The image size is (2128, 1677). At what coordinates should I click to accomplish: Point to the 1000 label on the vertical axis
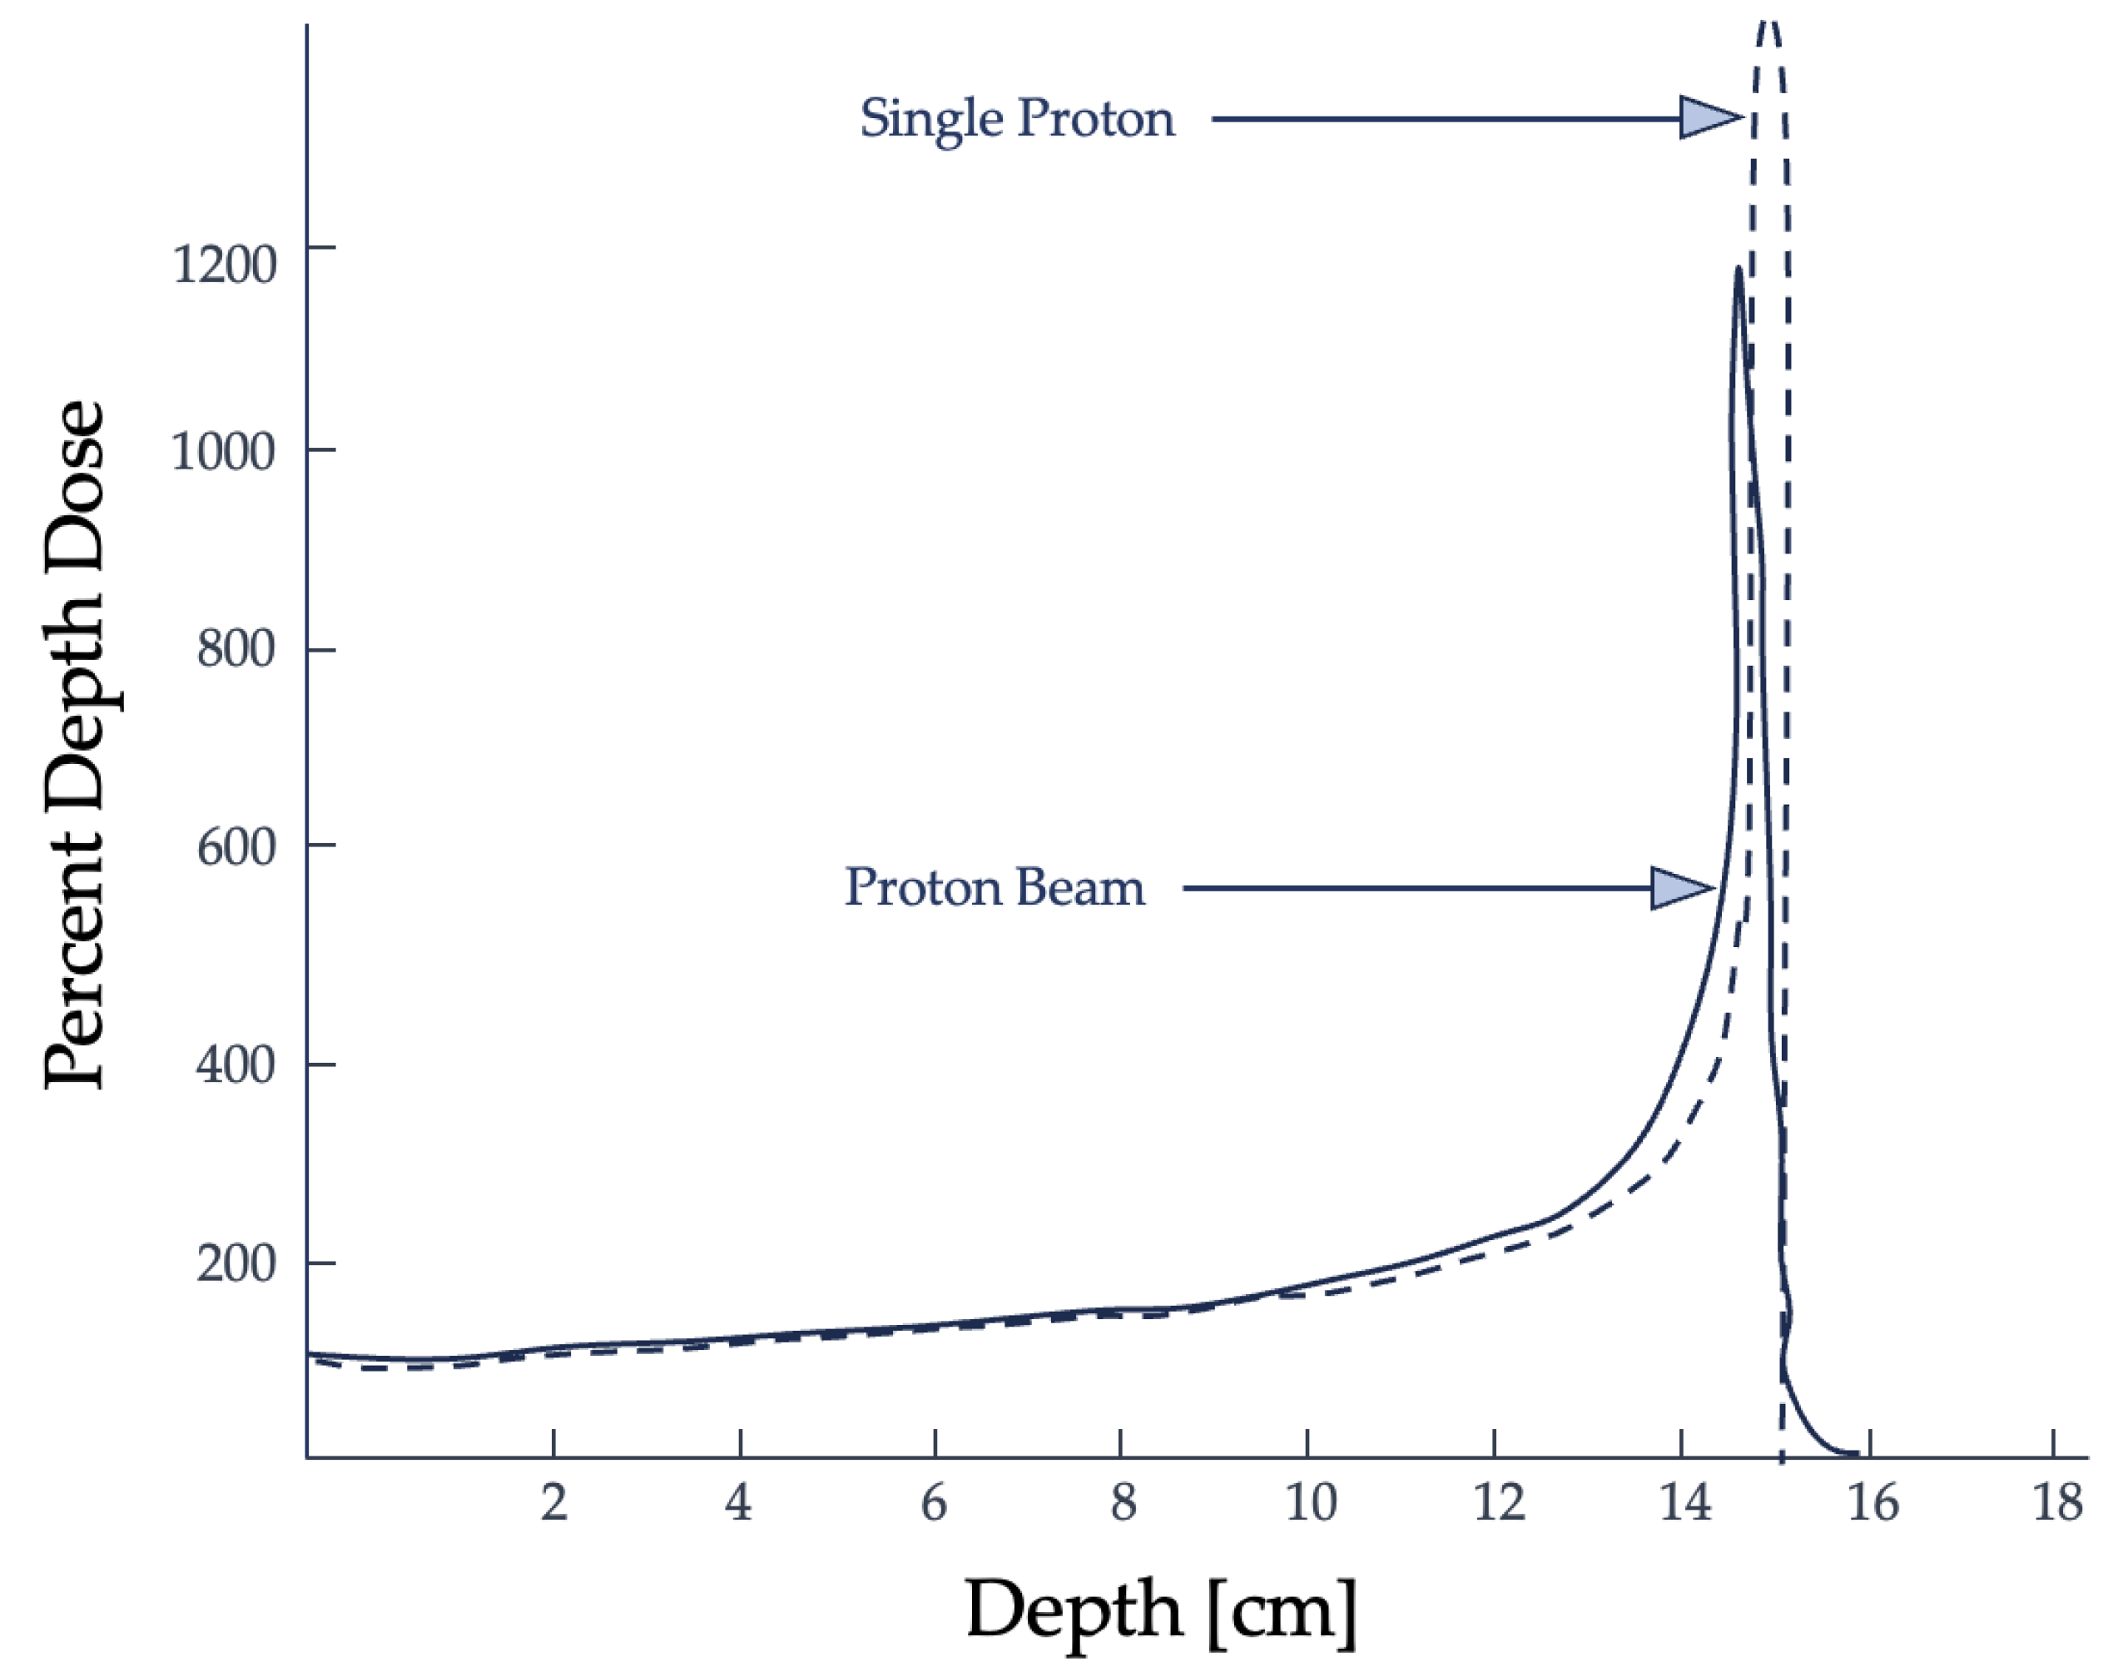coord(223,452)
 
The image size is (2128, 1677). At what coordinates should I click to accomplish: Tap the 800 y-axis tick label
coord(236,648)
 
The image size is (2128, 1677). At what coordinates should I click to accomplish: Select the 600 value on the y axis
coord(236,846)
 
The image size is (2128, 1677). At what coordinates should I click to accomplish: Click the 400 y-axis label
coord(236,1064)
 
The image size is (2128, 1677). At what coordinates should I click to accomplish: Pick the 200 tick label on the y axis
coord(236,1263)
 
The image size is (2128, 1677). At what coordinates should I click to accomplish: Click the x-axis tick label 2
coord(553,1502)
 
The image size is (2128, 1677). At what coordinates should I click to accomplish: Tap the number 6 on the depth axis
coord(934,1502)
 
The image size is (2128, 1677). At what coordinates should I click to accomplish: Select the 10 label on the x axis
coord(1311,1502)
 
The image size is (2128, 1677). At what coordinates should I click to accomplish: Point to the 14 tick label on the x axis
coord(1685,1502)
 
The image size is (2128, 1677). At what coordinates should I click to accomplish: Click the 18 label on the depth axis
coord(2056,1502)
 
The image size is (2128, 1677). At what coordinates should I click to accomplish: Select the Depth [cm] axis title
coord(1161,1611)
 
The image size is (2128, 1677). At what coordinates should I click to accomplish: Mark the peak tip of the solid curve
coord(1739,268)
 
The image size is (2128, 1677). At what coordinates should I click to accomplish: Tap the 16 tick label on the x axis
coord(1873,1502)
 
